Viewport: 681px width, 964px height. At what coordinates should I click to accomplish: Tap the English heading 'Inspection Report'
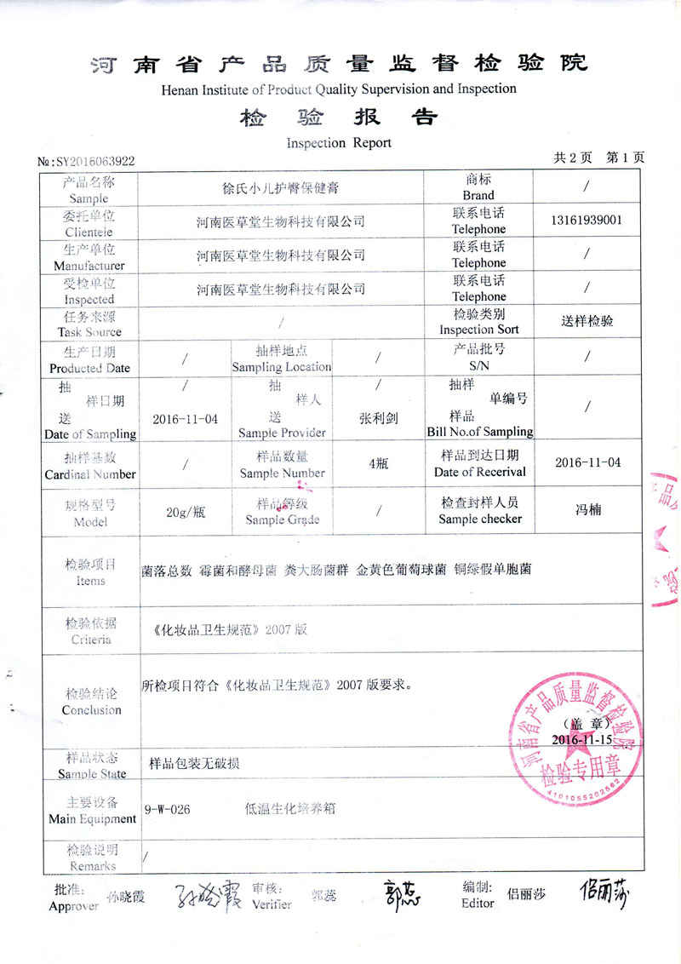[x=339, y=142]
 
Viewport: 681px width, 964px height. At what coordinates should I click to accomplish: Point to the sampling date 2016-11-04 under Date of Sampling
[x=185, y=419]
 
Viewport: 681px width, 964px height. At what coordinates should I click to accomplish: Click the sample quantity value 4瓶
[x=379, y=463]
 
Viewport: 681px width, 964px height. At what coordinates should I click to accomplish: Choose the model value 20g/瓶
[x=185, y=511]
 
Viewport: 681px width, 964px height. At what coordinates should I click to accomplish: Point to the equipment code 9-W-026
[x=168, y=810]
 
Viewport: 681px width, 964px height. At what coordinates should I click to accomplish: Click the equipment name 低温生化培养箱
[x=289, y=810]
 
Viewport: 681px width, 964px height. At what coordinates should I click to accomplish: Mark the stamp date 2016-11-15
[x=581, y=739]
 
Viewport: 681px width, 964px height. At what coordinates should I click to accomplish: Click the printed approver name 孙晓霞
[x=127, y=896]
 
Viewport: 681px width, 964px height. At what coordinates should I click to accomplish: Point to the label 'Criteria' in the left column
[x=91, y=639]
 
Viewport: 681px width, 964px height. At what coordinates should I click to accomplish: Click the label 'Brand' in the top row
[x=478, y=195]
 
